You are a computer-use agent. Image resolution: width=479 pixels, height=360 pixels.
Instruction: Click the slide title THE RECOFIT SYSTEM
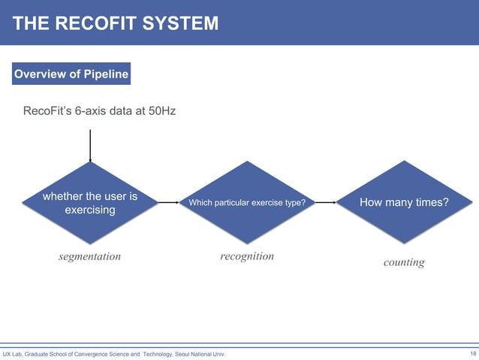(116, 23)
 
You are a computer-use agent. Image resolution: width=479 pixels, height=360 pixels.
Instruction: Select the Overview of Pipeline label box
(70, 74)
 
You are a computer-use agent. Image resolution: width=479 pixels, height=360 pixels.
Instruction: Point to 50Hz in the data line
(160, 111)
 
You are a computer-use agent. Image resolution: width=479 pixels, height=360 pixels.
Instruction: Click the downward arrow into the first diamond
(90, 146)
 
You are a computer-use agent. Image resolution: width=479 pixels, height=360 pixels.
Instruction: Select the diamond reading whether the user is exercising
(90, 202)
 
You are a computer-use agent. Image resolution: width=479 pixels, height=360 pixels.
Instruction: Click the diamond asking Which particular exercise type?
(247, 202)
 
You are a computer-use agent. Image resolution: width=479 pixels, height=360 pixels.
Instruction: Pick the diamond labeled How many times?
(405, 202)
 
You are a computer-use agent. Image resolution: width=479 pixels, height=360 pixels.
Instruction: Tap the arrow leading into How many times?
(326, 202)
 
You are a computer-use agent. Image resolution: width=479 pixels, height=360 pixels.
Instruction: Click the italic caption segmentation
(89, 256)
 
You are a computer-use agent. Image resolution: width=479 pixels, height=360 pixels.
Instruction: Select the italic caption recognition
(247, 256)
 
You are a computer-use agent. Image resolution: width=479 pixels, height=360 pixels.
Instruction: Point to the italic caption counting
(404, 262)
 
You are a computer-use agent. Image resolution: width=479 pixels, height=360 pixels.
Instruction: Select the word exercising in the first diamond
(90, 210)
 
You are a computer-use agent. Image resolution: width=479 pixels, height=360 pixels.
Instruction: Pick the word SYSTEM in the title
(180, 23)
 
